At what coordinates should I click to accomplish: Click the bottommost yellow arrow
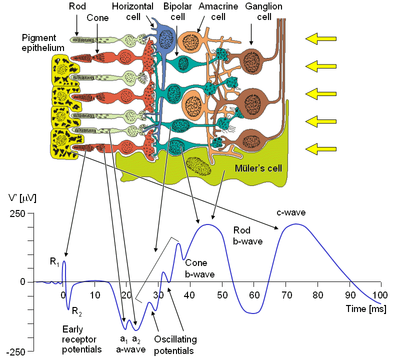(x=321, y=148)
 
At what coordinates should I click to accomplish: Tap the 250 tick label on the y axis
(x=17, y=213)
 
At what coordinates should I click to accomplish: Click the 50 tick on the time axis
(x=222, y=293)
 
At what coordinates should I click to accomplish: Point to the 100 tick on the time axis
(x=381, y=293)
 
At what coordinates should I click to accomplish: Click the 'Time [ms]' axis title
(x=366, y=309)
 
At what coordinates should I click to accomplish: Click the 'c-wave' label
(x=291, y=212)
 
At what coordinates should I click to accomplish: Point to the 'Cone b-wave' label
(x=199, y=268)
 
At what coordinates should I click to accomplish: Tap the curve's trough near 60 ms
(x=254, y=313)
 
